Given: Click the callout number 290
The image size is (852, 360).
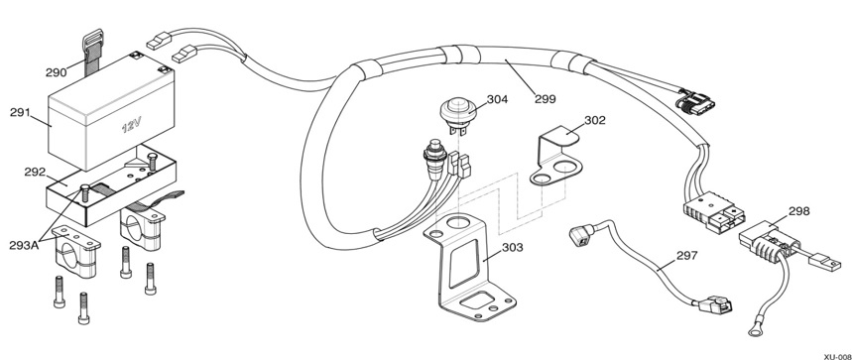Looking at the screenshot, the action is pos(56,72).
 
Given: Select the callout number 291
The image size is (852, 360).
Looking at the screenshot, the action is pos(21,113).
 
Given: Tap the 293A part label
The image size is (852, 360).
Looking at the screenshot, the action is pos(24,245).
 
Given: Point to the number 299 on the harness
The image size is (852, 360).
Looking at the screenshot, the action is pos(545,99).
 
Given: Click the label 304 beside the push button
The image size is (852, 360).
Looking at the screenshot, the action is pos(497,99).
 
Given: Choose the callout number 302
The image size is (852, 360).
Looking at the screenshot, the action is pos(595,120).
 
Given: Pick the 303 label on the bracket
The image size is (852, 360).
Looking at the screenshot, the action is pos(513,248).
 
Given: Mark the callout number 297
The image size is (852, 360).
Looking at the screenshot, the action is pos(686,255).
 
